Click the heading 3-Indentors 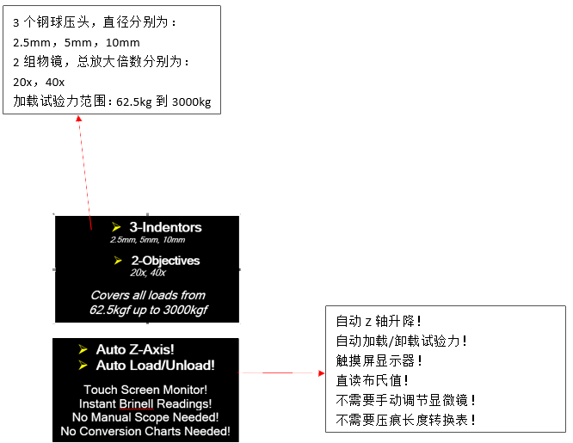pyautogui.click(x=165, y=227)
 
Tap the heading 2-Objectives pyautogui.click(x=165, y=261)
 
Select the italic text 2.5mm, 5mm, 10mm pyautogui.click(x=148, y=240)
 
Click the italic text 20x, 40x pyautogui.click(x=148, y=273)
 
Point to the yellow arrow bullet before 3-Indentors pyautogui.click(x=116, y=227)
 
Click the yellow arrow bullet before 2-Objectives pyautogui.click(x=118, y=261)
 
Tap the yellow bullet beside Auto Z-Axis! pyautogui.click(x=83, y=349)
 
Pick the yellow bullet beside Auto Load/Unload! pyautogui.click(x=83, y=365)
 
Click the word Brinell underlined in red pyautogui.click(x=136, y=404)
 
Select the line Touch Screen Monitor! pyautogui.click(x=145, y=390)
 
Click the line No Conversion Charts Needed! pyautogui.click(x=145, y=431)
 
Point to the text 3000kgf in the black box pyautogui.click(x=185, y=310)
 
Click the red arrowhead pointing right pyautogui.click(x=321, y=372)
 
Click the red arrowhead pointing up pyautogui.click(x=78, y=119)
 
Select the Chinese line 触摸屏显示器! pyautogui.click(x=379, y=360)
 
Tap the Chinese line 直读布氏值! pyautogui.click(x=372, y=380)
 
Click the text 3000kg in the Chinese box pyautogui.click(x=192, y=102)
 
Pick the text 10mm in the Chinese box pyautogui.click(x=123, y=43)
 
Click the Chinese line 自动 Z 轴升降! pyautogui.click(x=379, y=322)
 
